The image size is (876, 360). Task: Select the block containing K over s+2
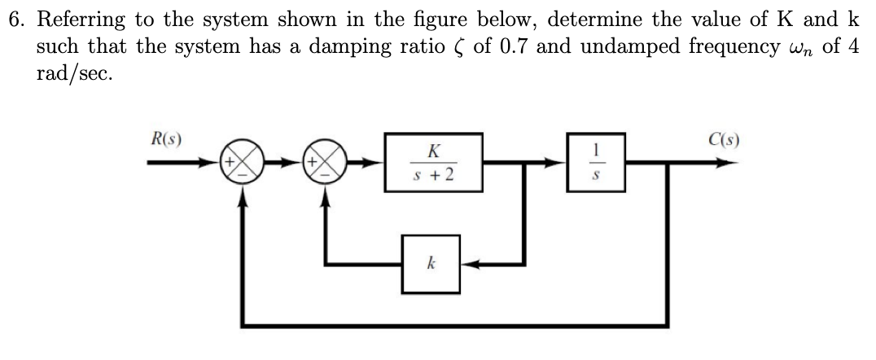[433, 161]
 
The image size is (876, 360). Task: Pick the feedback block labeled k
[431, 265]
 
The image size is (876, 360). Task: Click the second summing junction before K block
[326, 163]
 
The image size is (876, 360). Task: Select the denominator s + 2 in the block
[433, 173]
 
